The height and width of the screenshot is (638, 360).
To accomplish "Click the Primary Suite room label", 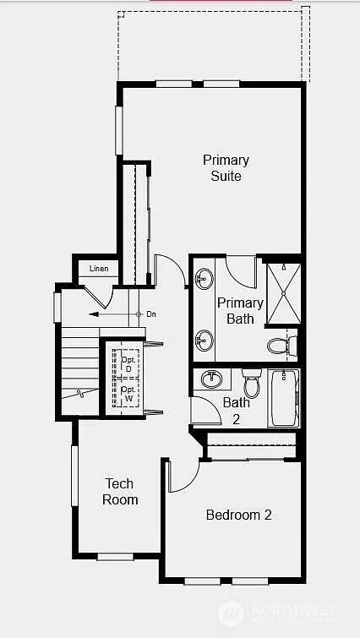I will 226,167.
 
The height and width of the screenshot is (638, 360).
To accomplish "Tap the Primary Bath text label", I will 240,310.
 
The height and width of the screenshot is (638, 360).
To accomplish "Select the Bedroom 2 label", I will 238,514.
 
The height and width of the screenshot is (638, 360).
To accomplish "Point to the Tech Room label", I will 120,491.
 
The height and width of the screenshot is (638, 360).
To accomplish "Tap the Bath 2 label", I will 237,411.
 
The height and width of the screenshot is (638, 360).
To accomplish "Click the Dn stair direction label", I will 151,314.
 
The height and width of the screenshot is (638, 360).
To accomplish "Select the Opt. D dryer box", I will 128,362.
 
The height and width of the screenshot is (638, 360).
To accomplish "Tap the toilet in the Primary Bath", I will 281,345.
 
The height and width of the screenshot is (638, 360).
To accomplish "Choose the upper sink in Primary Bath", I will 205,279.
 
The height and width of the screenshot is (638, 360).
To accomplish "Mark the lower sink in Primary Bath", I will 205,341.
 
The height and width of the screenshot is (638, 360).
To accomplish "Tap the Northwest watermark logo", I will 228,613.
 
